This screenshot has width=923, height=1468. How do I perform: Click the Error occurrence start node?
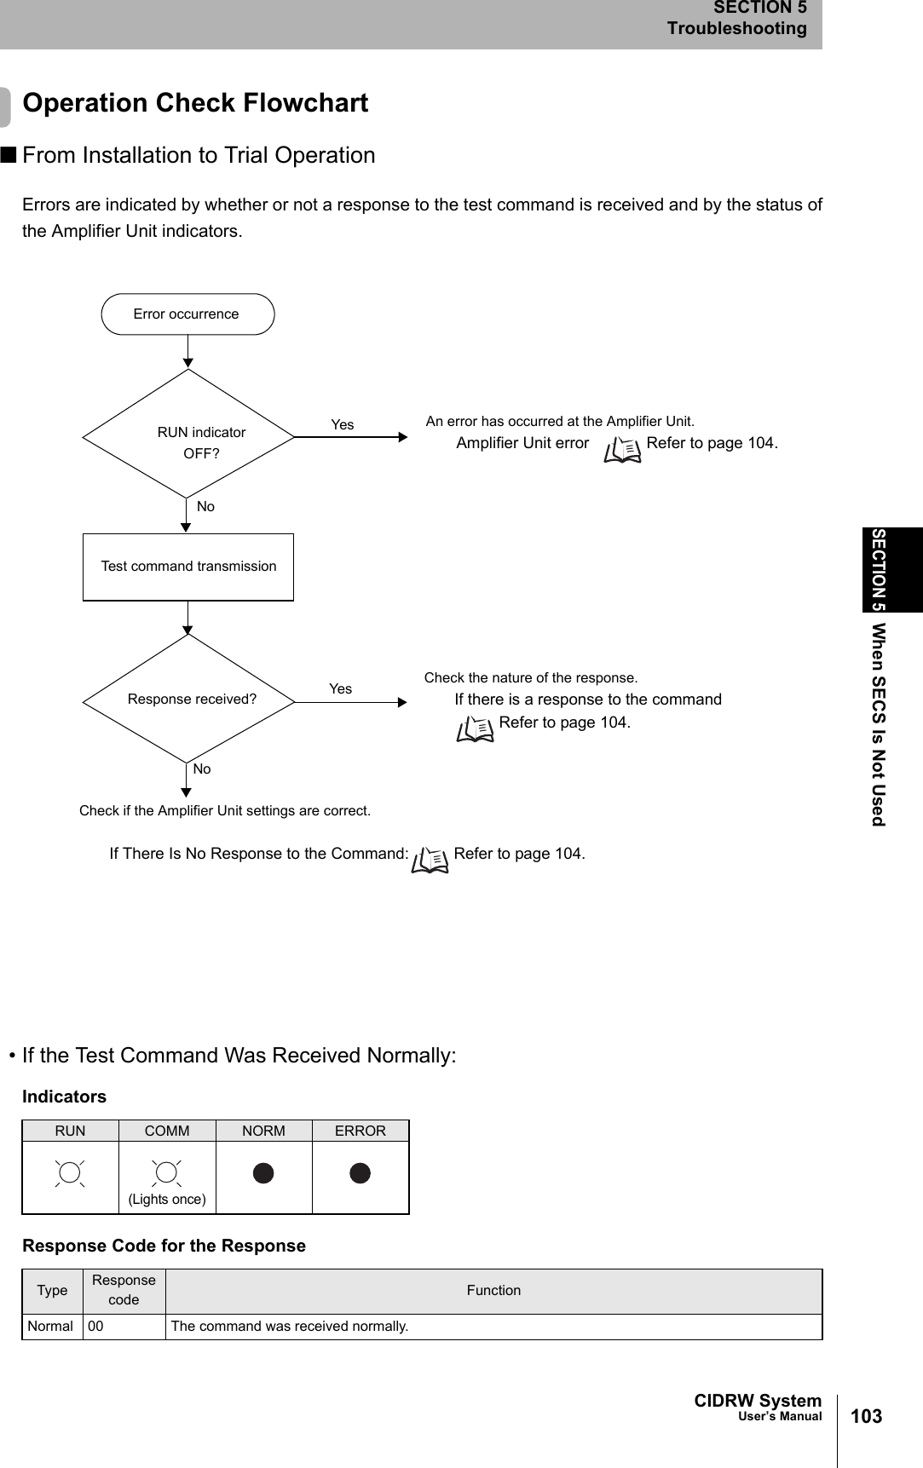click(187, 314)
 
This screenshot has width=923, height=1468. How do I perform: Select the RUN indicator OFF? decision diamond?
click(188, 435)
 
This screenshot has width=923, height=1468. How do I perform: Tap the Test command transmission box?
click(188, 567)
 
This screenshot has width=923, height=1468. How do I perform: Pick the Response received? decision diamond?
click(188, 699)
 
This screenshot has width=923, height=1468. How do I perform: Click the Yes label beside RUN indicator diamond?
click(343, 424)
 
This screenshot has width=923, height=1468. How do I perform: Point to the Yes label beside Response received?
click(341, 688)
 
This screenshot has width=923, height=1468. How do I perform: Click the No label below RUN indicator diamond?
click(205, 506)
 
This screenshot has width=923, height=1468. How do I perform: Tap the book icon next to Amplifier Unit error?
click(622, 448)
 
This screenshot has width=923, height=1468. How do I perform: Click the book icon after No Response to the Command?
click(430, 860)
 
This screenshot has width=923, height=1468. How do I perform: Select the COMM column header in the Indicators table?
click(167, 1131)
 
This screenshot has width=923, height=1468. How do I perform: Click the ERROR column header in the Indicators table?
click(360, 1131)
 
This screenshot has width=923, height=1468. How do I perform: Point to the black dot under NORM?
click(263, 1173)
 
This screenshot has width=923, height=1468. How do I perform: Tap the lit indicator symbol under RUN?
click(70, 1173)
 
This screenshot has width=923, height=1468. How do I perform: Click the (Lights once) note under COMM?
click(167, 1199)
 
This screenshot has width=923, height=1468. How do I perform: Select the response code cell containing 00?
click(124, 1326)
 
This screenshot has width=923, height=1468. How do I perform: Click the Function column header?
click(493, 1290)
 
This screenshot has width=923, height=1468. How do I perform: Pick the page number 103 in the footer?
click(866, 1416)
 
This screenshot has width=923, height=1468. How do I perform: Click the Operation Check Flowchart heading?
click(195, 103)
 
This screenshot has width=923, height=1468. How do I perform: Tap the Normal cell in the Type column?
click(51, 1326)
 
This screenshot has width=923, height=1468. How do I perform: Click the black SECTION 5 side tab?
click(891, 569)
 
